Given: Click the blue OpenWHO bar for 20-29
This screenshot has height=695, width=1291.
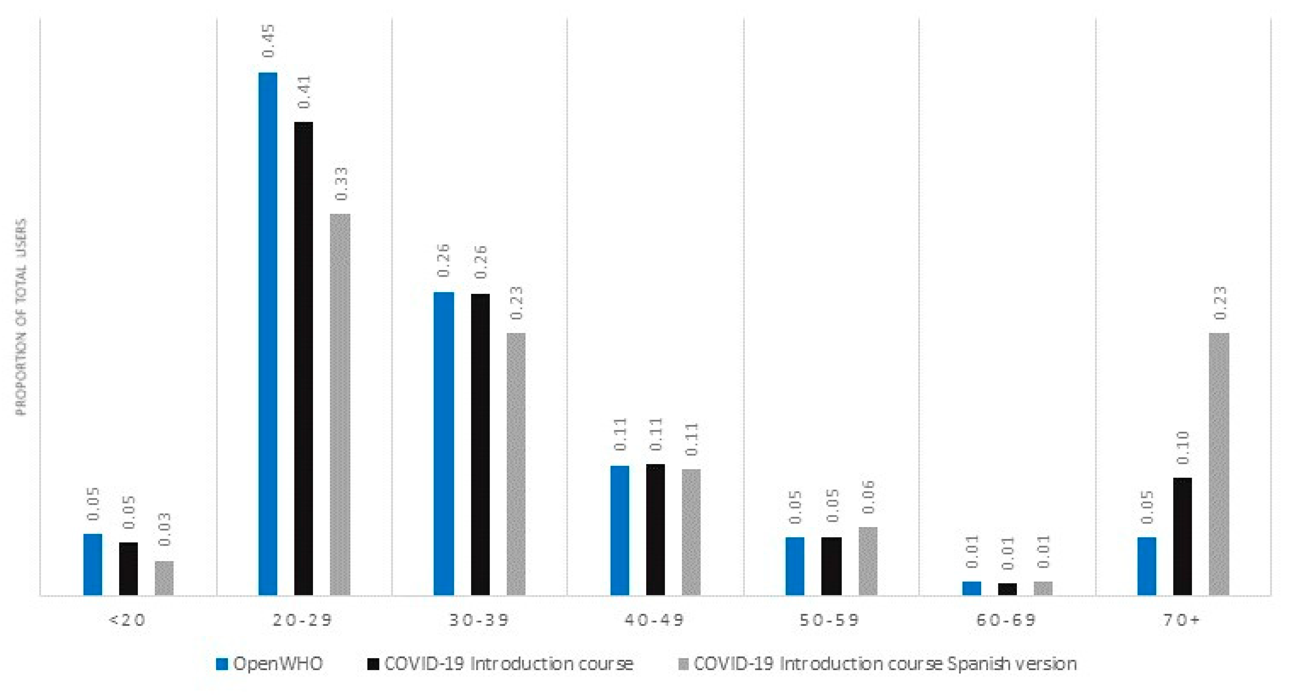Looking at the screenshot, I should point(268,333).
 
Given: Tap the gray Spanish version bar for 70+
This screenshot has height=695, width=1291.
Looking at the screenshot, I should point(1219,464).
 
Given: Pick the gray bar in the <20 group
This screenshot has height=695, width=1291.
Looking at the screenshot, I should point(164,578).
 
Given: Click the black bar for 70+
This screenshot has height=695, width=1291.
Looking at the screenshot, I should point(1182,536).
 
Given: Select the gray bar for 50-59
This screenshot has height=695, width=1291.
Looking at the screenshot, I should point(868,561).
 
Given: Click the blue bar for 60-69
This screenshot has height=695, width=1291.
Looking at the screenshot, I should point(971,588).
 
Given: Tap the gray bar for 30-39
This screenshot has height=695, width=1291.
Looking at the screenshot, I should point(516,464).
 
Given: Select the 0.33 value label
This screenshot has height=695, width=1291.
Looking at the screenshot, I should point(341,184).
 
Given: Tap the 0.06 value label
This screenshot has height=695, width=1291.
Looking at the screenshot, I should point(869,496).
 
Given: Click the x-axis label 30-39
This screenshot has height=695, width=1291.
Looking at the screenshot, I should point(479,620).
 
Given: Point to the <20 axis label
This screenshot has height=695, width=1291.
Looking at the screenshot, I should point(127,620).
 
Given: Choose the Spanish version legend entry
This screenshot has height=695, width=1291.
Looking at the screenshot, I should point(877,664).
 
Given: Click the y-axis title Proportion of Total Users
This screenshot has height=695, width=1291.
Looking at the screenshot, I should point(21,317).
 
